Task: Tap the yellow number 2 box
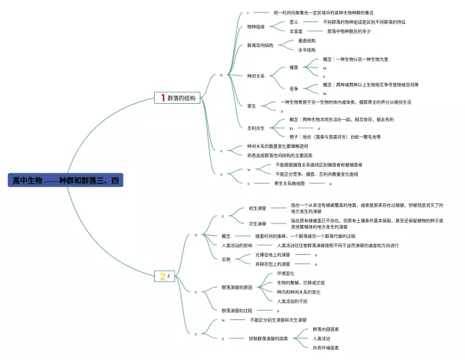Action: (163, 276)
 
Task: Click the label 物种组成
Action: (256, 27)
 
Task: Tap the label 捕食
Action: (294, 67)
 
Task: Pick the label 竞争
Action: (294, 89)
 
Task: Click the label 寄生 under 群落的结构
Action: (251, 106)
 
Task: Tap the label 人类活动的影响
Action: (238, 245)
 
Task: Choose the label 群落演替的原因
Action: (238, 287)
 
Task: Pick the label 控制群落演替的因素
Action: (268, 338)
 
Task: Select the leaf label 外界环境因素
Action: (326, 348)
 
